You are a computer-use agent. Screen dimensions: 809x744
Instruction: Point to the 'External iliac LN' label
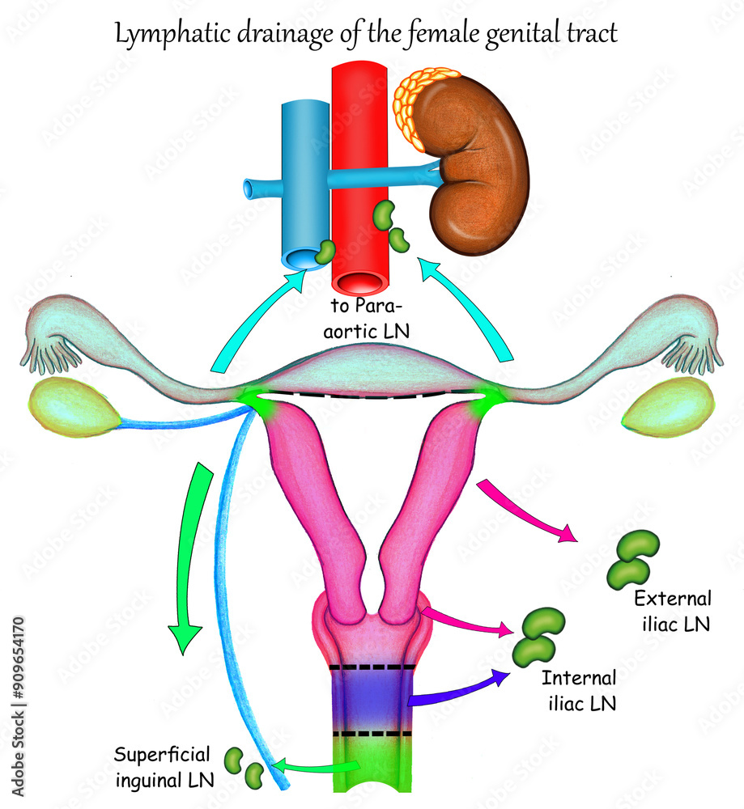click(x=673, y=611)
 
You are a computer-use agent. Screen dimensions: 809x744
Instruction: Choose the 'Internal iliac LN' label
click(x=579, y=690)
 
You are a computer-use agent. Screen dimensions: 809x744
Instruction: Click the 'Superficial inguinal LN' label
click(x=162, y=767)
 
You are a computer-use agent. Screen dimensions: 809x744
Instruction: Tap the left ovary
click(x=74, y=406)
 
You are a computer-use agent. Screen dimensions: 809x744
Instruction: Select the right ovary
click(x=668, y=407)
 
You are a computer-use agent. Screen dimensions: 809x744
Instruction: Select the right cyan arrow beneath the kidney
click(x=470, y=311)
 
